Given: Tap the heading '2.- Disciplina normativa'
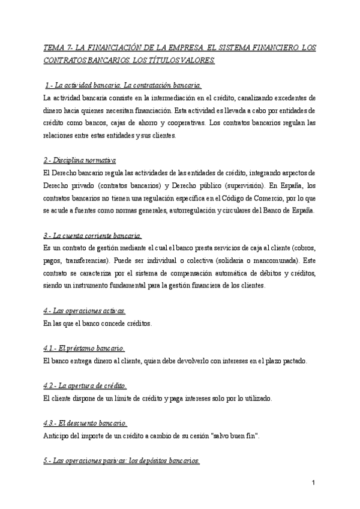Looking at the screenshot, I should (80, 161).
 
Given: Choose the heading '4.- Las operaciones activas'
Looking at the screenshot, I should (85, 311).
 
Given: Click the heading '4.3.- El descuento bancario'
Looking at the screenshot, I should (85, 423).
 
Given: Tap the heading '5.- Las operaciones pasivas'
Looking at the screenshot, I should (122, 460).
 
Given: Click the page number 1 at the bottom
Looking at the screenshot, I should (314, 483).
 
